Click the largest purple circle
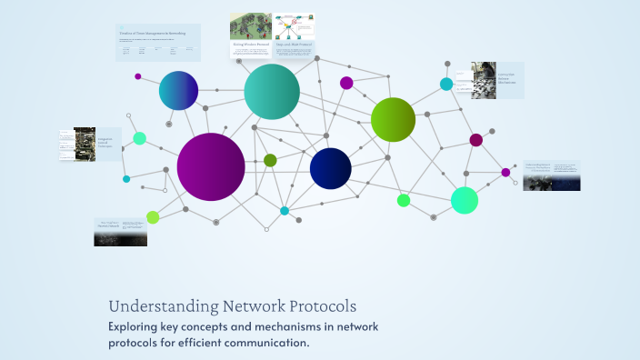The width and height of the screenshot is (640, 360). point(211,166)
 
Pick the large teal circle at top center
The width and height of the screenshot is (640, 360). point(272,91)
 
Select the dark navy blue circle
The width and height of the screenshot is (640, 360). point(330,168)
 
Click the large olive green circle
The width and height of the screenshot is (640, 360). point(393,119)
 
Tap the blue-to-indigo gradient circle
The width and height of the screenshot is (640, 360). point(178,90)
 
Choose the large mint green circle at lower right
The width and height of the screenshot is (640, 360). point(465,200)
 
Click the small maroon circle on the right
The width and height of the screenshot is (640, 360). point(475,139)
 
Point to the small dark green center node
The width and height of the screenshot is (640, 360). point(270,160)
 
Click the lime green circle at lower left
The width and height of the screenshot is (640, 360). point(153,216)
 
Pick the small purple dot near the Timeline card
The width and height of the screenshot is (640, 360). point(138,76)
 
